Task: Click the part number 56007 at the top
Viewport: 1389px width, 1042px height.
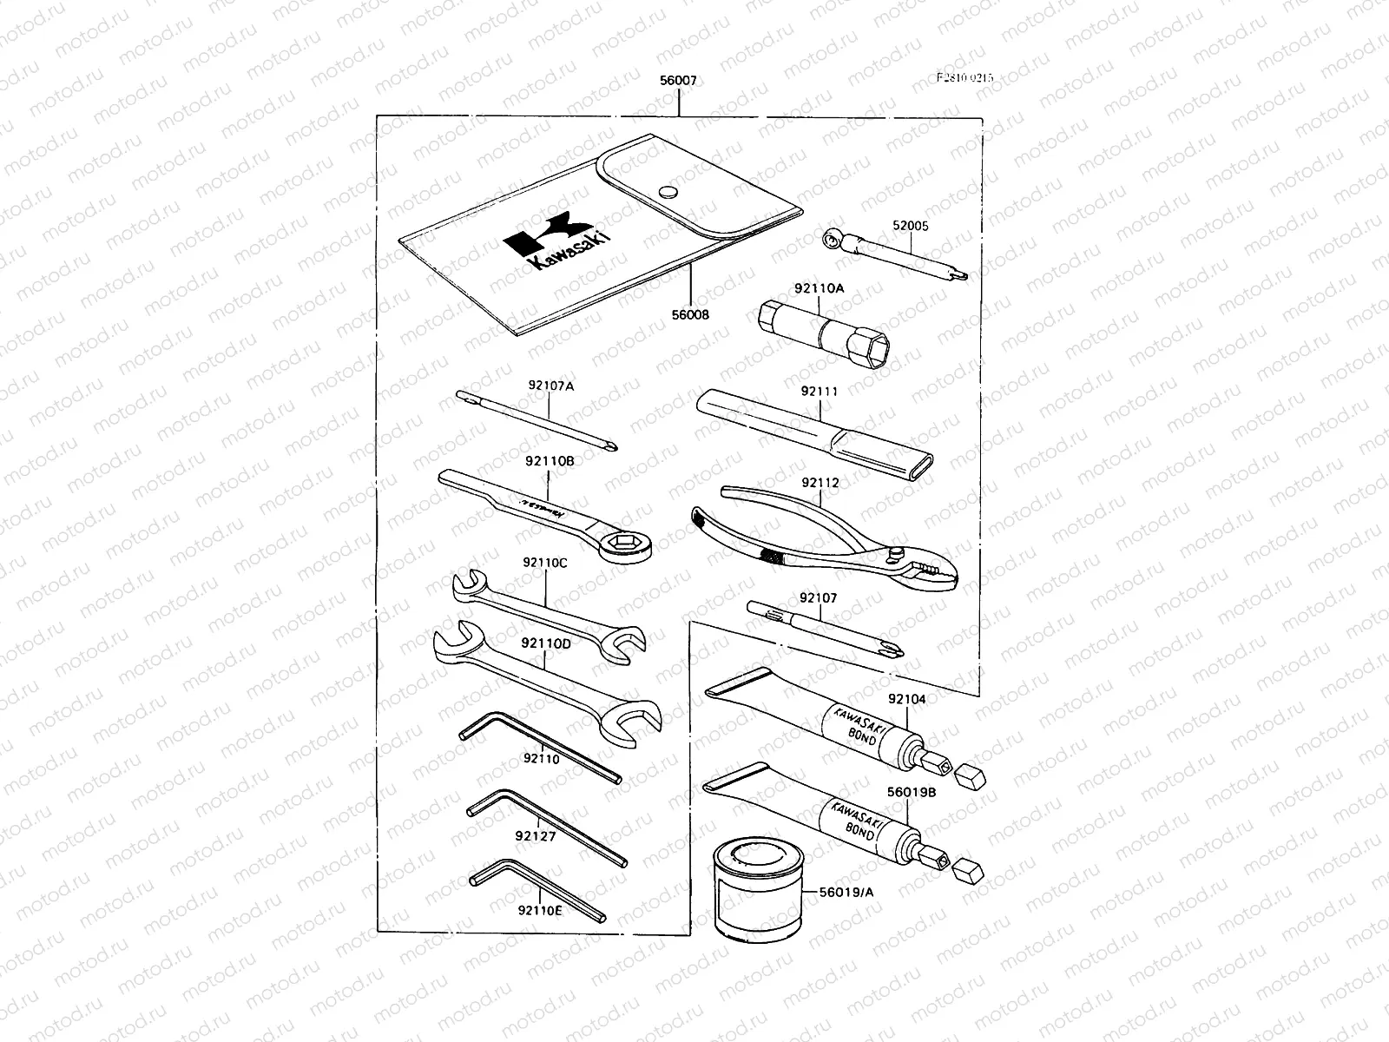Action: (678, 81)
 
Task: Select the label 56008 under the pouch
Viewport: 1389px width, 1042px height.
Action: (690, 314)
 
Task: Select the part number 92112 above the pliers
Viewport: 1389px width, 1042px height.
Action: (820, 482)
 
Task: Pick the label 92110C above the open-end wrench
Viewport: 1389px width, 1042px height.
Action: (545, 562)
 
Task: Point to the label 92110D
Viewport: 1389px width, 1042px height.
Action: (546, 643)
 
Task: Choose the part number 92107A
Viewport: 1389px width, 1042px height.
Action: (550, 385)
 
